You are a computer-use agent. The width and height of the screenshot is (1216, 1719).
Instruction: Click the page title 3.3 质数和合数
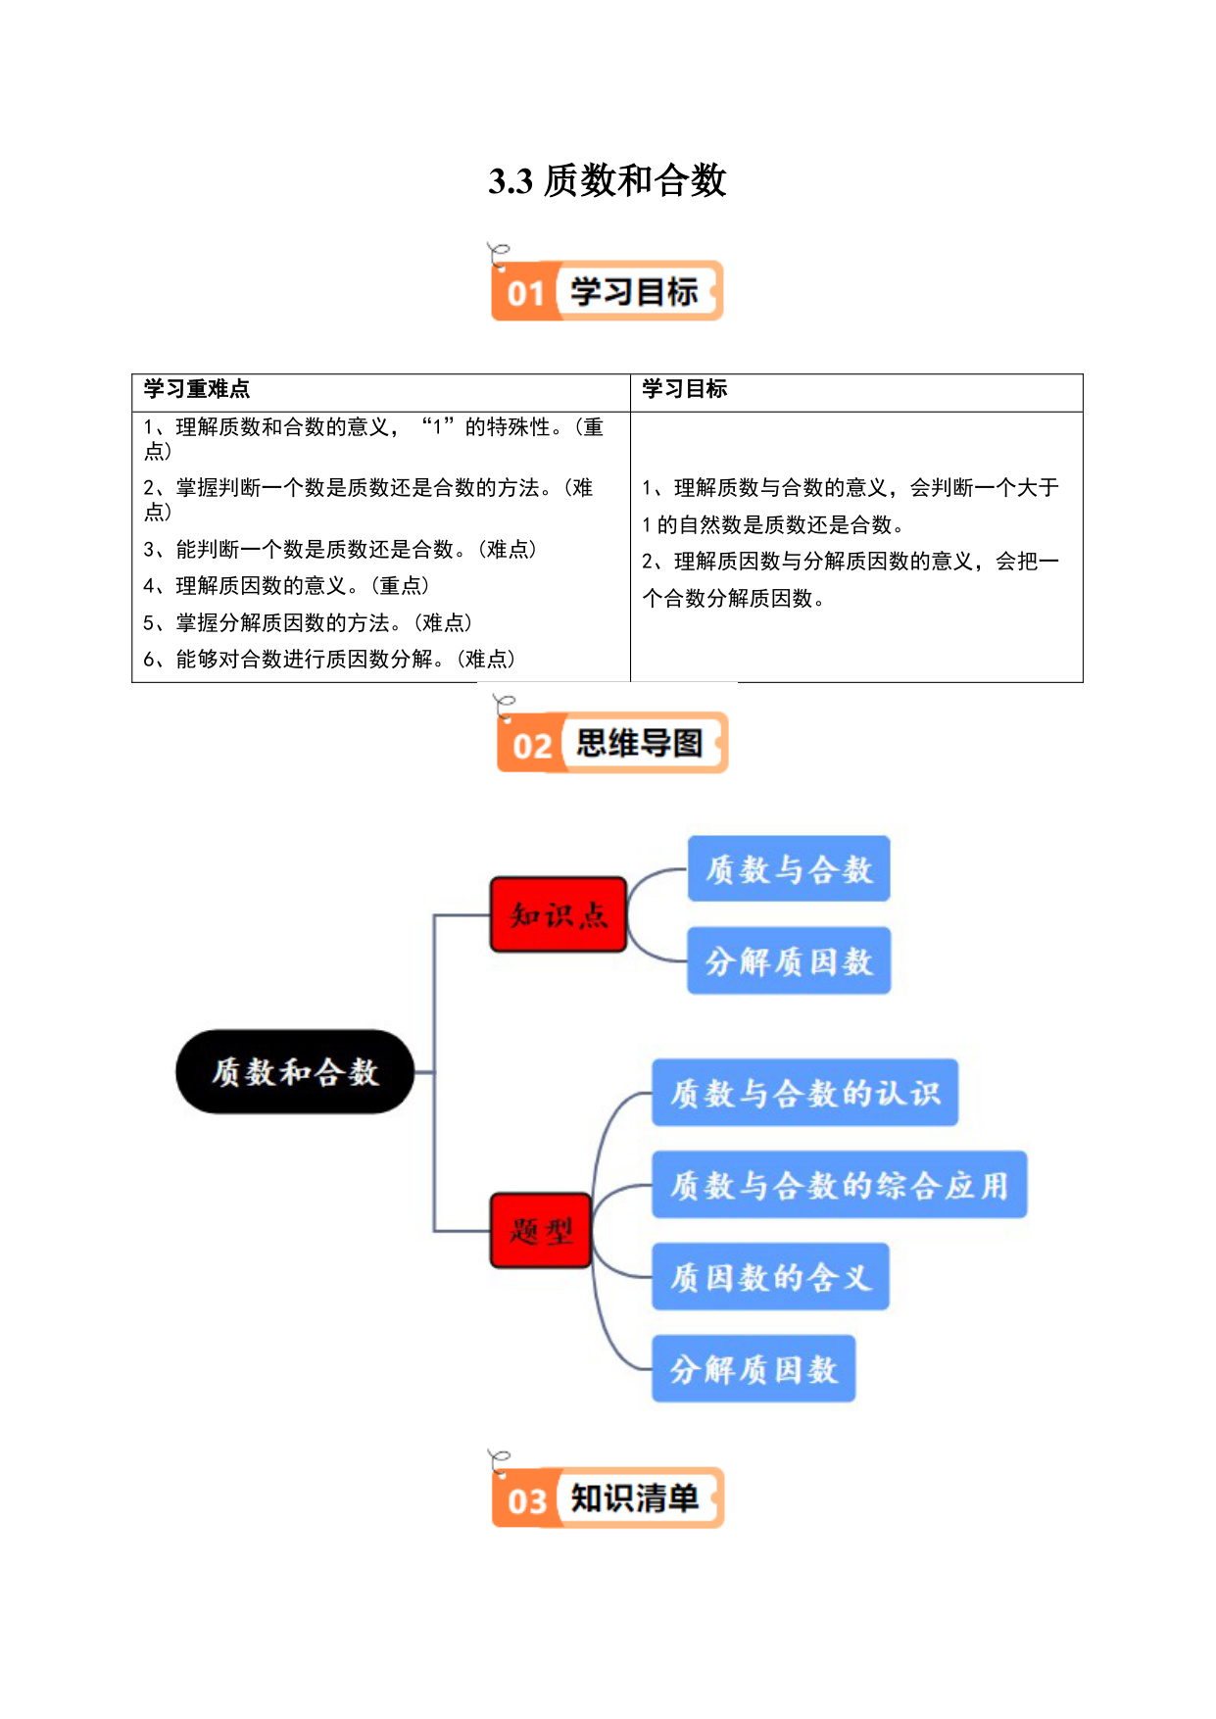(608, 181)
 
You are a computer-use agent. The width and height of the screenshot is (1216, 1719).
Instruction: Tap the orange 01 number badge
(526, 292)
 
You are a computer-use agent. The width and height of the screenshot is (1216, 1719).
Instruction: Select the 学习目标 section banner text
(634, 291)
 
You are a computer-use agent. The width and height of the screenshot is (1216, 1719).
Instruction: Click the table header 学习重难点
(197, 389)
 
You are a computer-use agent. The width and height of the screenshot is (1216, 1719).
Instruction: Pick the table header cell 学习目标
(684, 389)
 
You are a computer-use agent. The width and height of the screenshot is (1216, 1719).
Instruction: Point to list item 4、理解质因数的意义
(286, 586)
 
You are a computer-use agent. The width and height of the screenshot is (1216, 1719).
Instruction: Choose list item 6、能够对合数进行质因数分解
(329, 660)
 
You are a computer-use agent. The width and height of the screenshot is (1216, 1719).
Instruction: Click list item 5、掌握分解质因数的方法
(308, 623)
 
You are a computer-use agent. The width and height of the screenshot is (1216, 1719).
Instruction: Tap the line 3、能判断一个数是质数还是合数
(340, 550)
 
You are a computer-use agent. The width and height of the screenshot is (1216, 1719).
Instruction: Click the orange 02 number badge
(532, 746)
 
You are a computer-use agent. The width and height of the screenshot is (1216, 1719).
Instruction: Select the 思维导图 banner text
(639, 743)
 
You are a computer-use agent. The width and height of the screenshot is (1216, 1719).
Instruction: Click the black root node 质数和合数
(295, 1071)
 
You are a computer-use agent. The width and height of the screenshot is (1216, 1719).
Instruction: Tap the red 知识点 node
(559, 914)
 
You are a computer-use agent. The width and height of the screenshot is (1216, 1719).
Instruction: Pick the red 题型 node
(541, 1230)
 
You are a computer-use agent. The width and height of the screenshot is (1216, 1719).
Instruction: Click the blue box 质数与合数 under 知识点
(789, 868)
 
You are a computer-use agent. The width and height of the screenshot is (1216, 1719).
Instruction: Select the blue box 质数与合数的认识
(805, 1092)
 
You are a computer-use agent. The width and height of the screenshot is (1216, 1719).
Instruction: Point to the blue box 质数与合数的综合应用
(840, 1184)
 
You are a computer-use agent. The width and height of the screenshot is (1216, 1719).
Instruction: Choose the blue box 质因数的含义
(771, 1276)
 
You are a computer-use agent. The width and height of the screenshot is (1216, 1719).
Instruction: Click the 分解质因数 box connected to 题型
(754, 1368)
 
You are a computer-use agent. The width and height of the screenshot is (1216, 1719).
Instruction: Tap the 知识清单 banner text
(634, 1498)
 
